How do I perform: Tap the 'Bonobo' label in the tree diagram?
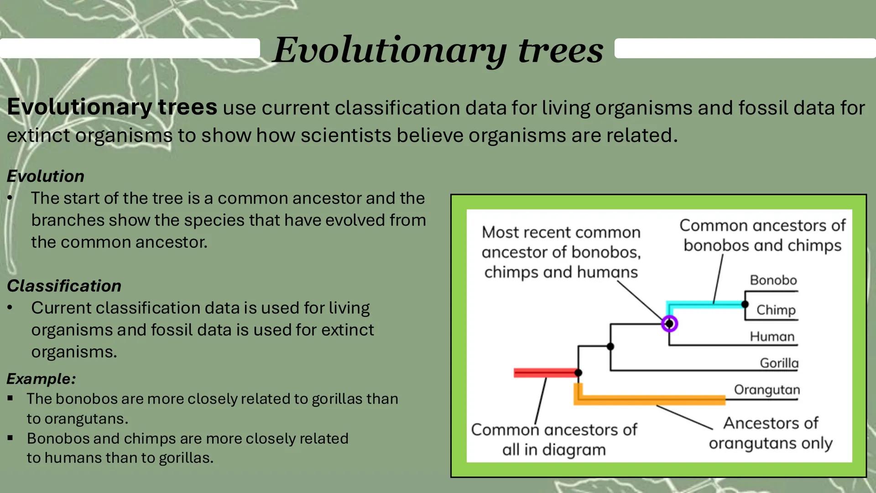coord(773,280)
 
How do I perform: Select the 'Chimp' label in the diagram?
coord(776,310)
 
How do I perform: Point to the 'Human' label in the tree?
coord(772,337)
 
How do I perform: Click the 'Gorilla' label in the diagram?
coord(779,363)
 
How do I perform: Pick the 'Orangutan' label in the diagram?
coord(766,390)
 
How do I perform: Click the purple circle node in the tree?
coord(669,324)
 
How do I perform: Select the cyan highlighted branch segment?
coord(705,304)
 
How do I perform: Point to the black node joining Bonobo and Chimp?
coord(745,304)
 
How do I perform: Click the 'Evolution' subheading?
coord(46,176)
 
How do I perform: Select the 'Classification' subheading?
coord(64,286)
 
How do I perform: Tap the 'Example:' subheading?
coord(41,378)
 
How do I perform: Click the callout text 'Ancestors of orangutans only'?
coord(771,433)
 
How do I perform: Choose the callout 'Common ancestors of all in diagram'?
coord(554,439)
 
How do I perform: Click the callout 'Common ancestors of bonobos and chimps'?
coord(762,235)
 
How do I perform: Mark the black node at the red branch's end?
coord(578,373)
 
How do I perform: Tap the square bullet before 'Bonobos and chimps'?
coord(10,438)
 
